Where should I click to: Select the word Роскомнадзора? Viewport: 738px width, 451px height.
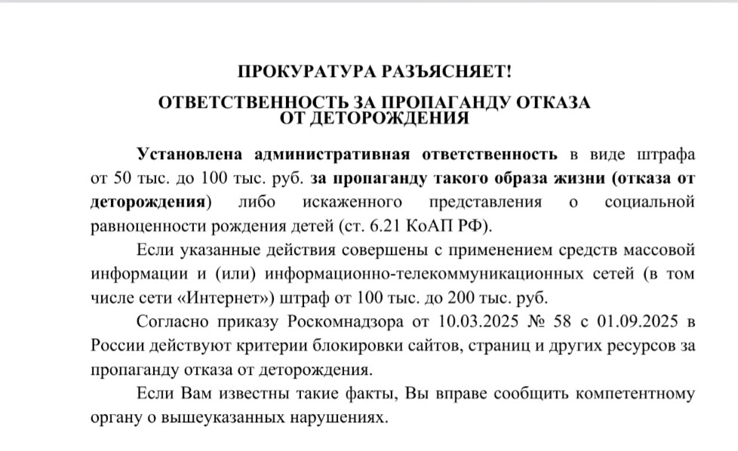[x=344, y=323]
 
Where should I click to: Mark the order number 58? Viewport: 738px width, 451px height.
[x=566, y=323]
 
